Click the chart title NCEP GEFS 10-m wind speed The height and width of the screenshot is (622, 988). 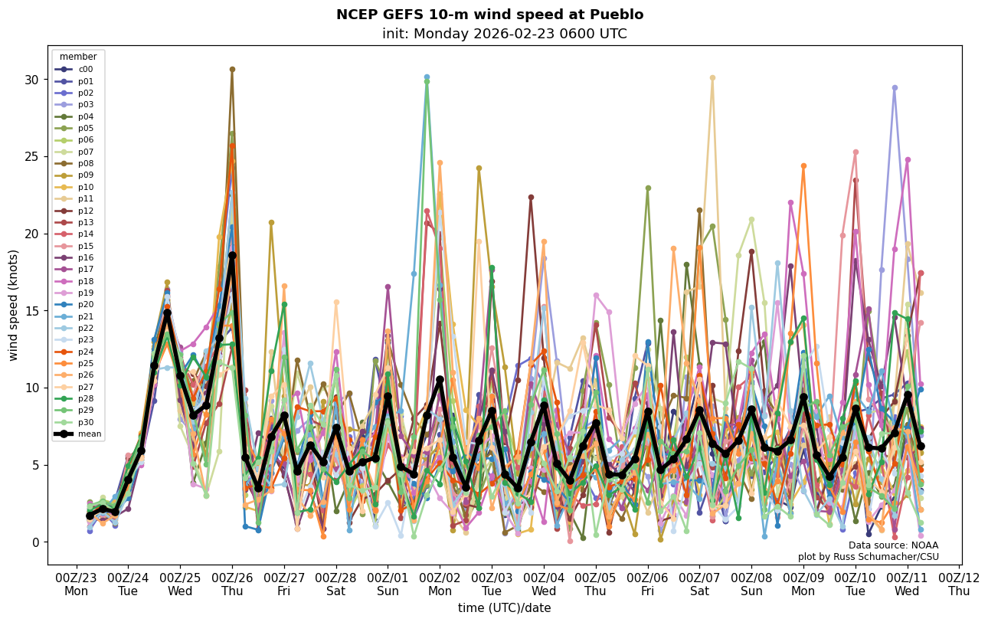click(x=489, y=15)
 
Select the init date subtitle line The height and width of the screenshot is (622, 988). click(x=504, y=34)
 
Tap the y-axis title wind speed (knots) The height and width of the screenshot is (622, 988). click(x=13, y=305)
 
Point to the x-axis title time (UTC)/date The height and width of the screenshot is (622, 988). click(x=504, y=607)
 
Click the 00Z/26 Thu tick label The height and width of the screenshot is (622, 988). click(x=232, y=584)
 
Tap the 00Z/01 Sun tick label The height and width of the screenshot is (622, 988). click(x=388, y=584)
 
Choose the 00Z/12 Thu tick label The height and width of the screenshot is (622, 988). click(x=959, y=584)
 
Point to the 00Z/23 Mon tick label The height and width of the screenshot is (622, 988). click(x=76, y=584)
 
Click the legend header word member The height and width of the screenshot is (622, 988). click(x=78, y=57)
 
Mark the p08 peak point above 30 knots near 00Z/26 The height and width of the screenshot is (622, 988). click(x=232, y=69)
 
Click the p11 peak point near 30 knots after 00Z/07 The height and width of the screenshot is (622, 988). click(x=712, y=77)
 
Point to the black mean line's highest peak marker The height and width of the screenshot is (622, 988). click(x=232, y=255)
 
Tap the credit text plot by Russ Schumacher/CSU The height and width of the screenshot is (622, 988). click(x=868, y=557)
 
